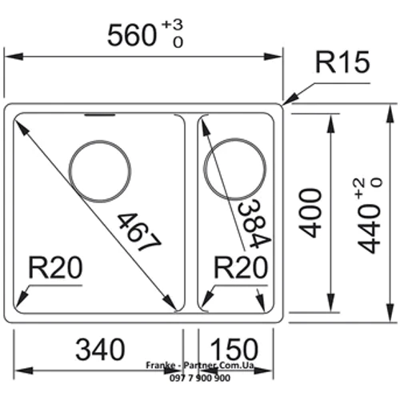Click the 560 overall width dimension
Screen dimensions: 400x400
pos(132,35)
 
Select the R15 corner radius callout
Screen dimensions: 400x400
pos(342,62)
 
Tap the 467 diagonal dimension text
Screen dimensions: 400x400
pos(139,232)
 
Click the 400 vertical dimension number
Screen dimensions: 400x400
pos(310,213)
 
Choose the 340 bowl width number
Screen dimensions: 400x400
pos(100,350)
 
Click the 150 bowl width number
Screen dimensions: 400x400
pos(234,350)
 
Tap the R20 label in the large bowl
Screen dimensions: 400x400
pos(55,267)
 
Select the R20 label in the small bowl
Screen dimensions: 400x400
pos(241,267)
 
